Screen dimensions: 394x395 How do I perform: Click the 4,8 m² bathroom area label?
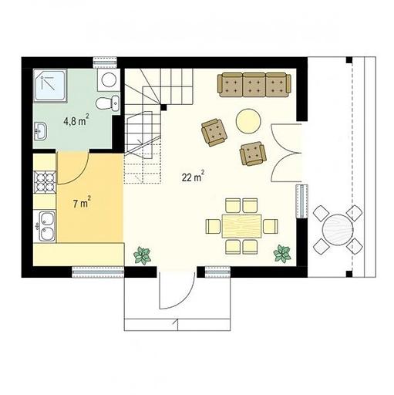click(x=76, y=120)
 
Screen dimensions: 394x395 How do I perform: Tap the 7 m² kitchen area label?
click(x=82, y=202)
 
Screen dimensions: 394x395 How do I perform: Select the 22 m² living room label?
click(x=194, y=176)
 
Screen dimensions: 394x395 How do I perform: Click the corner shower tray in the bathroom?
click(x=50, y=86)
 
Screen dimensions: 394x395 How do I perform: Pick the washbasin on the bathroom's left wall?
click(x=40, y=131)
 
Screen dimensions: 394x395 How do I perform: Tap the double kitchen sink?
click(x=45, y=226)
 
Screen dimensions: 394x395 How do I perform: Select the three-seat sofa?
click(x=254, y=85)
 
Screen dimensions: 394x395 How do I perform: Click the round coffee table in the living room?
click(x=248, y=121)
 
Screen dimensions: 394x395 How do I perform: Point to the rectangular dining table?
click(x=242, y=226)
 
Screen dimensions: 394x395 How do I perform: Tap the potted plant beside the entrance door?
click(x=142, y=255)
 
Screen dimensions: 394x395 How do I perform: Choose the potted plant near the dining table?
click(x=282, y=254)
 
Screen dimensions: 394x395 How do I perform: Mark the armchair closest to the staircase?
click(x=214, y=132)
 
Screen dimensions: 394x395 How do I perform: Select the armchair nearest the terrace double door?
click(x=253, y=154)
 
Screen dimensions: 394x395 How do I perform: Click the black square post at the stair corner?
click(x=163, y=107)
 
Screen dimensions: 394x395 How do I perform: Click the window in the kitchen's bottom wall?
click(x=98, y=272)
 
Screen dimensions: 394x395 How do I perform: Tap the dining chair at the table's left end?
click(x=214, y=226)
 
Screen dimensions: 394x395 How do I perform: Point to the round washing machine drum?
click(x=108, y=79)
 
